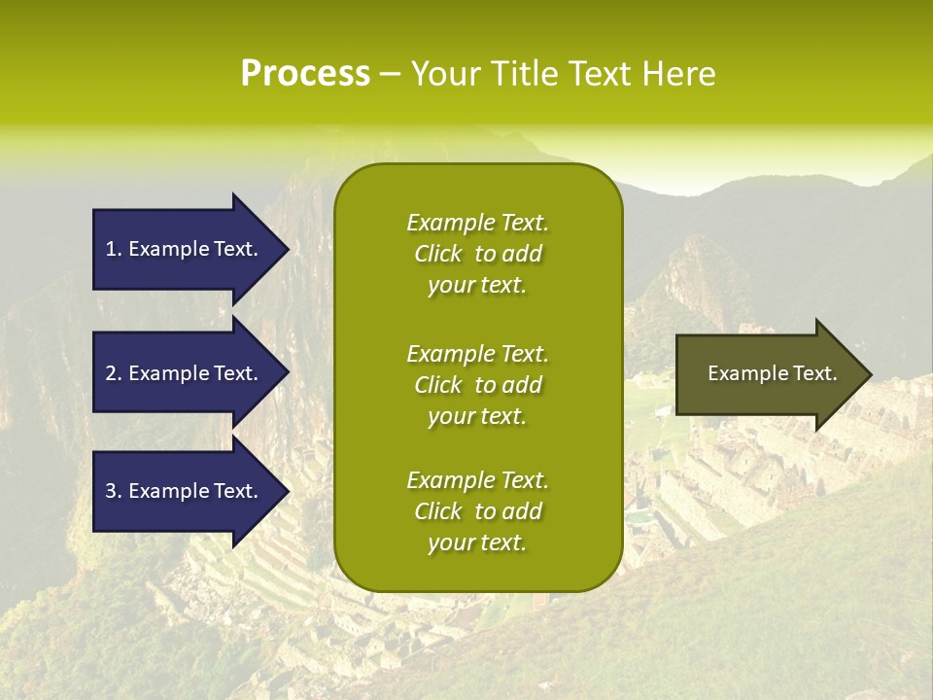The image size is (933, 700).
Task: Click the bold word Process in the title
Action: pos(305,74)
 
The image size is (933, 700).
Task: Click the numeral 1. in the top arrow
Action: pos(114,249)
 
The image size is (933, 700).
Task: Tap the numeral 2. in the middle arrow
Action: pos(114,373)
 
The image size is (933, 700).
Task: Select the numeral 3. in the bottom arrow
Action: pos(114,491)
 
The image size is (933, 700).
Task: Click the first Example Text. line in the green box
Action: pos(477,223)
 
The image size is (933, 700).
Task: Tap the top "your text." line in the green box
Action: pos(477,286)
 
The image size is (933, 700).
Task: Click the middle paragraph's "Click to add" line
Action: pos(477,385)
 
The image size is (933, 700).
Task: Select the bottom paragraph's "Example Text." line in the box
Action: pos(477,480)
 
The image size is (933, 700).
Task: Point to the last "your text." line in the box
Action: pos(477,543)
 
